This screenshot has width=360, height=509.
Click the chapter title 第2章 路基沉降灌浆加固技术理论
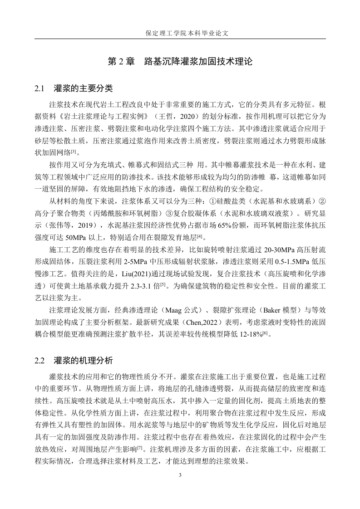180,61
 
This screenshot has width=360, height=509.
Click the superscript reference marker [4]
199,235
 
